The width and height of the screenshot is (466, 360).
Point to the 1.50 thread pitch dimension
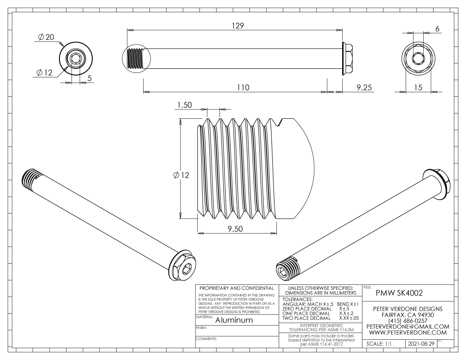(x=185, y=105)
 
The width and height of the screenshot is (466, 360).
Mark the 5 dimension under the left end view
(x=90, y=78)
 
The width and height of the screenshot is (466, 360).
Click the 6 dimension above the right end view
(x=437, y=28)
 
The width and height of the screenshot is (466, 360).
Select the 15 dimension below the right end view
(x=418, y=88)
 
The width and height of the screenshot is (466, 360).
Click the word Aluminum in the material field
(x=234, y=320)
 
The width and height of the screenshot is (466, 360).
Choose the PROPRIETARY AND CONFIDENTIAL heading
(x=236, y=288)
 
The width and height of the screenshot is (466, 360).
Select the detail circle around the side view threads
(x=136, y=58)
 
